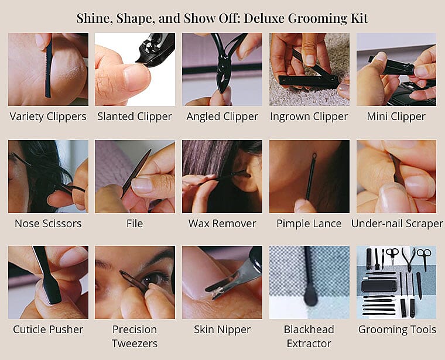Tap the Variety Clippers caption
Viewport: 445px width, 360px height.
pos(48,116)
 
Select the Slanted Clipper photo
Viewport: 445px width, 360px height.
pos(135,69)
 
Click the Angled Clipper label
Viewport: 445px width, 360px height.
pos(222,116)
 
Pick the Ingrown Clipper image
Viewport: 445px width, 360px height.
pos(309,69)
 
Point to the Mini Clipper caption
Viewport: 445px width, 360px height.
pos(396,116)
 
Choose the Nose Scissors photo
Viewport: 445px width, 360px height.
pos(48,176)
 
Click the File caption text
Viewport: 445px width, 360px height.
pos(135,224)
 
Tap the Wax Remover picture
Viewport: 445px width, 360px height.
pos(222,176)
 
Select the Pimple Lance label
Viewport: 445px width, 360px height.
pos(309,224)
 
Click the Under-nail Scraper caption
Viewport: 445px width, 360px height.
pos(397,224)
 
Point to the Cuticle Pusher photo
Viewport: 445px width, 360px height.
pos(48,282)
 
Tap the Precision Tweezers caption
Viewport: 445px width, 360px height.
pos(135,336)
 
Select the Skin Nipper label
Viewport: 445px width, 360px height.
pos(222,330)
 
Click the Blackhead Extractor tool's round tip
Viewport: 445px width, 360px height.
pos(310,300)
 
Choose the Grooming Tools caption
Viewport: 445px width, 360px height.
pos(396,330)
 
